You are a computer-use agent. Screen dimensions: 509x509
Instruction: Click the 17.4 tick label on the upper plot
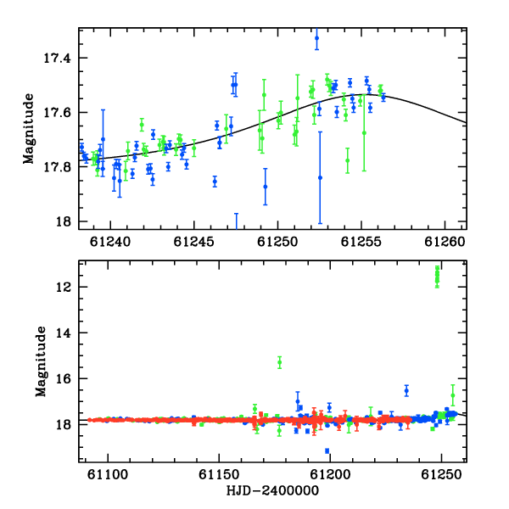tap(57, 59)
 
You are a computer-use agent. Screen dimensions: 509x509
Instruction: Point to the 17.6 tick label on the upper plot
tap(57, 113)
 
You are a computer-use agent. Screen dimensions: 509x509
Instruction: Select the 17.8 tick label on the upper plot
tap(57, 167)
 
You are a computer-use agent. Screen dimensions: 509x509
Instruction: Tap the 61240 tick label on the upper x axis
tap(110, 242)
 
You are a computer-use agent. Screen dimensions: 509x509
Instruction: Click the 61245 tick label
tap(193, 242)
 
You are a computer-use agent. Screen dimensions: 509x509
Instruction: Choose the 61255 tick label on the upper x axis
tap(361, 242)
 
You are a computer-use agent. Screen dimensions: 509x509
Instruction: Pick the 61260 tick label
tap(445, 242)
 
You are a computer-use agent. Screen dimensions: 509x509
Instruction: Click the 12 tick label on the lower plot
tap(64, 288)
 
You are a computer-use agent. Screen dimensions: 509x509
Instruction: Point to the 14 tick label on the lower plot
tap(64, 333)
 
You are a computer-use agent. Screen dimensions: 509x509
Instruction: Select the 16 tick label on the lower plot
tap(64, 379)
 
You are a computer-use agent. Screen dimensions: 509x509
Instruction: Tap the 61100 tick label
tap(108, 474)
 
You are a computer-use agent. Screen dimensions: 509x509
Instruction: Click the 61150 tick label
tap(219, 474)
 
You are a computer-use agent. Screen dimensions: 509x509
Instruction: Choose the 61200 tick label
tap(330, 474)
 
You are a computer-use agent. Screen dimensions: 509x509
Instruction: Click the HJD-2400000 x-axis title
tap(272, 490)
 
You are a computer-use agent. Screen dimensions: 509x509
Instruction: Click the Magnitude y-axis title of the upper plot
tap(29, 129)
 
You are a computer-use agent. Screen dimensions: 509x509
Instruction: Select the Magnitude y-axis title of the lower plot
tap(41, 361)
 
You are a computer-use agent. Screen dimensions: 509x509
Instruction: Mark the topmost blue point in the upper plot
tap(316, 38)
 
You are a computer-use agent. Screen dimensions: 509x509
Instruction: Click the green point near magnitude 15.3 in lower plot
tap(279, 362)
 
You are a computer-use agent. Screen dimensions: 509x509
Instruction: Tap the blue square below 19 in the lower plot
tap(327, 451)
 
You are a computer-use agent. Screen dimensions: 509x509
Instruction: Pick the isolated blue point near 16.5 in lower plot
tap(406, 391)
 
